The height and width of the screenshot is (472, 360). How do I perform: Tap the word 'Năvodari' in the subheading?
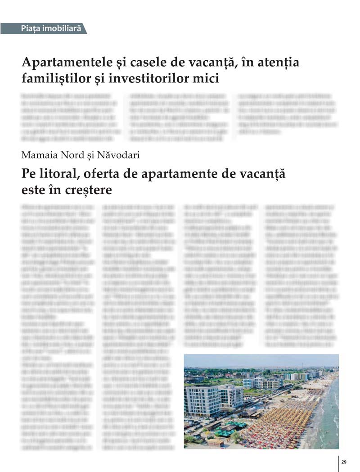point(118,155)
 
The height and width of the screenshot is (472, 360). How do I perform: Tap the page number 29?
point(344,462)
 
